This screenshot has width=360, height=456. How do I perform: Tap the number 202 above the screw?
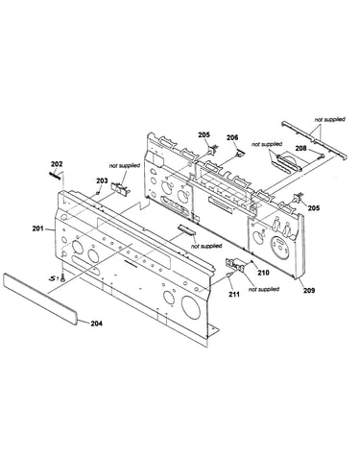click(x=57, y=164)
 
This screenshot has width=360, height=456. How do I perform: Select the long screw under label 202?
click(x=56, y=176)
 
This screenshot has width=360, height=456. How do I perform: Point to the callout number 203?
click(x=102, y=180)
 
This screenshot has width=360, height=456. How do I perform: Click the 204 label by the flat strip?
click(x=96, y=324)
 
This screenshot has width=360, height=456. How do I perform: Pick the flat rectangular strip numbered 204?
click(x=40, y=299)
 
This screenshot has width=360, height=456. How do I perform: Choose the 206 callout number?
click(x=232, y=137)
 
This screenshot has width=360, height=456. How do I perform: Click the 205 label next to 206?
click(x=204, y=135)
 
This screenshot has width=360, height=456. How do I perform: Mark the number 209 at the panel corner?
click(x=309, y=290)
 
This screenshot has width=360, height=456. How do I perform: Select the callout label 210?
click(x=264, y=273)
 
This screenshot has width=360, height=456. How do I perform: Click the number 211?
click(x=234, y=294)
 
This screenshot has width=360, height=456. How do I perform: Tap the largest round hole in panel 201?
click(x=191, y=307)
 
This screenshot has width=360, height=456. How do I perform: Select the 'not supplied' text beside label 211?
click(x=264, y=289)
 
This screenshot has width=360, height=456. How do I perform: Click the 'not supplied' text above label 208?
click(x=267, y=144)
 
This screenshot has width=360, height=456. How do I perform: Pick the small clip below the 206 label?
click(x=239, y=154)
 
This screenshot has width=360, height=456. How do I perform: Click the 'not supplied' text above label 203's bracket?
click(x=125, y=166)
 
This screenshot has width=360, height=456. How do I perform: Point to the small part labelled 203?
click(x=97, y=193)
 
